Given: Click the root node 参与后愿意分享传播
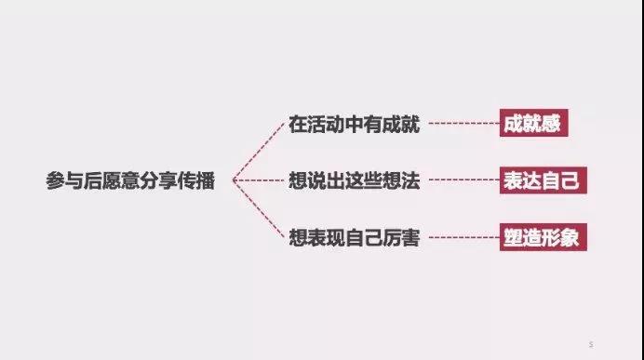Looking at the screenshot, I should coord(129,181).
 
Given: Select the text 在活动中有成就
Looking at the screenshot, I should coord(354,125).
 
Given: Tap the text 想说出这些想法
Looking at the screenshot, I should coord(354,181).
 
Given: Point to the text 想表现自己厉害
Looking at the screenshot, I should coord(354,239).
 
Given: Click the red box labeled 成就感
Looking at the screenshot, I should coord(531,124).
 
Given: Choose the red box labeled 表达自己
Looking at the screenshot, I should coord(541,180).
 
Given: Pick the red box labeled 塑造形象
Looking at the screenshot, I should coord(541,237).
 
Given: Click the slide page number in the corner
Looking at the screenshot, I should coord(590,343).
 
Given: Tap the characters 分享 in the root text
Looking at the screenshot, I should coord(157,181).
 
